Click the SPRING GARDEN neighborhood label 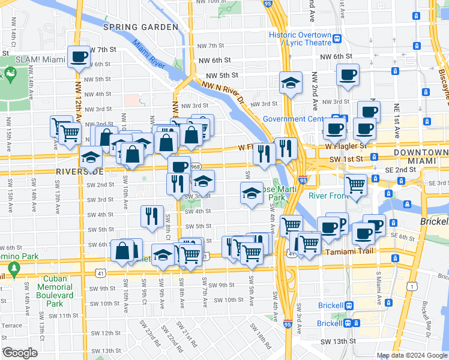click(x=140, y=27)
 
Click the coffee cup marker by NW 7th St click(x=79, y=58)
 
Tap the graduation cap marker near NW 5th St click(x=291, y=84)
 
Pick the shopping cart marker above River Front click(x=356, y=185)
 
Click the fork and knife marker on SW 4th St click(x=152, y=216)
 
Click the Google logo click(x=20, y=352)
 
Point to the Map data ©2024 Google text click(x=412, y=355)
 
